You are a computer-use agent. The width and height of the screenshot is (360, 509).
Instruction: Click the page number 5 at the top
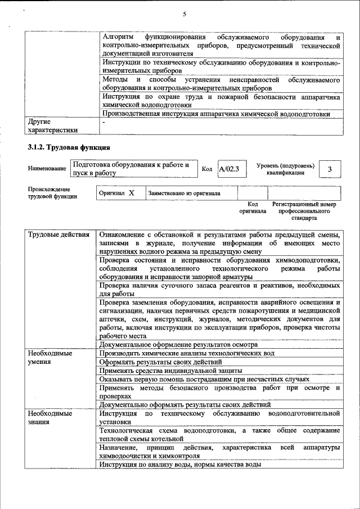pos(184,14)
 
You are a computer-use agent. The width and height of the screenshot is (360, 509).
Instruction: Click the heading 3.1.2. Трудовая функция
pos(69,147)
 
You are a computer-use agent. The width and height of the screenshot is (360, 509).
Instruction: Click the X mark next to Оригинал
pos(131,193)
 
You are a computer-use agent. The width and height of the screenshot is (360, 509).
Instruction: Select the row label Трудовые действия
pos(58,235)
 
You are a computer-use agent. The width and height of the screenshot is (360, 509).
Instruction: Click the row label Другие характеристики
pos(50,125)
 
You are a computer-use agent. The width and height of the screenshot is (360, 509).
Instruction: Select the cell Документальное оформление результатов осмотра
pos(178,344)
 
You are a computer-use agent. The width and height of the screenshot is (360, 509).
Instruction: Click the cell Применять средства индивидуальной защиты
pos(170,371)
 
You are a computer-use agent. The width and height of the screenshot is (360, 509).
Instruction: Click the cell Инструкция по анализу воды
pos(179,465)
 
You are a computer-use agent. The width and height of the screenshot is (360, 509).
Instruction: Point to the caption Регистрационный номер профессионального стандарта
pos(304,210)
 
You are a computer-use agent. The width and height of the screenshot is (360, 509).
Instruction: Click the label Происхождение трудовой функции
pos(52,193)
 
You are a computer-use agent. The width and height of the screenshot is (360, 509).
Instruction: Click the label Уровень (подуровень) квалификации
pos(285,169)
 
